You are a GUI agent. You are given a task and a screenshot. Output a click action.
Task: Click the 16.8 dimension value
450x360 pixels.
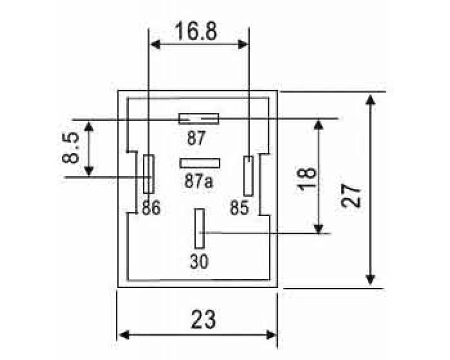[196, 31]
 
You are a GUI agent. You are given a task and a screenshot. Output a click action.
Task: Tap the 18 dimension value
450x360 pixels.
[307, 179]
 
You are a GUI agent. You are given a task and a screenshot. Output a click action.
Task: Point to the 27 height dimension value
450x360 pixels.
[350, 196]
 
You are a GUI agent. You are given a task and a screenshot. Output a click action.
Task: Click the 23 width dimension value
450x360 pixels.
[203, 319]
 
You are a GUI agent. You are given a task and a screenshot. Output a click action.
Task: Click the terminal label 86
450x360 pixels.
[151, 208]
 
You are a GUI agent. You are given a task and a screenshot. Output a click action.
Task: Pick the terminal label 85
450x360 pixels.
[239, 208]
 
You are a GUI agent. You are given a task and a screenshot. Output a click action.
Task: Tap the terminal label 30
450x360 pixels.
[199, 261]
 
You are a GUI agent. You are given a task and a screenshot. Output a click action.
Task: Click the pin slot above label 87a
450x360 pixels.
[200, 163]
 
